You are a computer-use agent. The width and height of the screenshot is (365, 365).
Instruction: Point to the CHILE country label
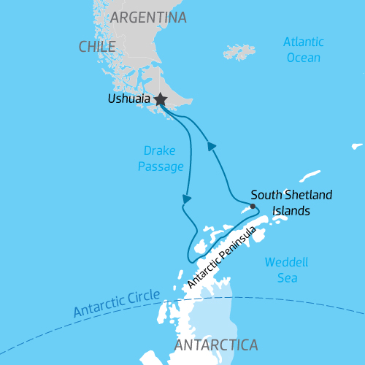97,47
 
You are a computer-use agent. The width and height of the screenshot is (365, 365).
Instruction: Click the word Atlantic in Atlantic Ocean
303,42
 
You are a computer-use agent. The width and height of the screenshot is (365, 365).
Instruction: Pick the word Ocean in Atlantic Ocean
303,57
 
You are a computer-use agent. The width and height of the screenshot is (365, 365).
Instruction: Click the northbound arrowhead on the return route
212,146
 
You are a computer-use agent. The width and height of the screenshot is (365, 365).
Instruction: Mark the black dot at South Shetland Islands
253,206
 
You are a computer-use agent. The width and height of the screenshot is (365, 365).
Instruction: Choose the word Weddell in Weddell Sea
285,261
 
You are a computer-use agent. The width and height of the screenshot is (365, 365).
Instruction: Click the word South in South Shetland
264,196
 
